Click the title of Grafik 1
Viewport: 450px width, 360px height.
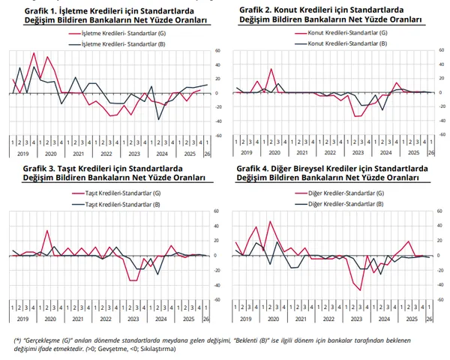(112, 16)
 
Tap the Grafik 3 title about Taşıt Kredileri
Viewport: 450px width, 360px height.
(112, 173)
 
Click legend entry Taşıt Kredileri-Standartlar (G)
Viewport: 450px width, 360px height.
(124, 194)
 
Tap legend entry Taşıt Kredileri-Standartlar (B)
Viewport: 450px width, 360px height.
(124, 204)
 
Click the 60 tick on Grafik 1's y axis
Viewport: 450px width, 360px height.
(217, 51)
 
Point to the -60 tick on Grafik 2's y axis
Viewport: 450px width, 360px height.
(441, 136)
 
